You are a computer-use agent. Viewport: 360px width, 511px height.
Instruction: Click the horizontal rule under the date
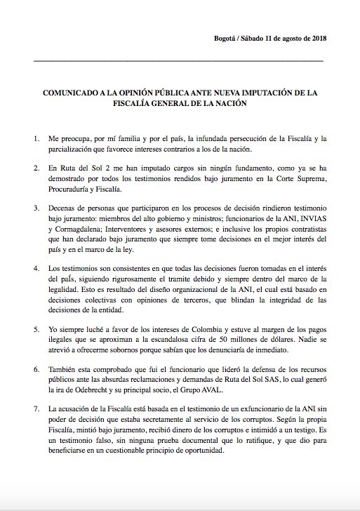pyautogui.click(x=179, y=61)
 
